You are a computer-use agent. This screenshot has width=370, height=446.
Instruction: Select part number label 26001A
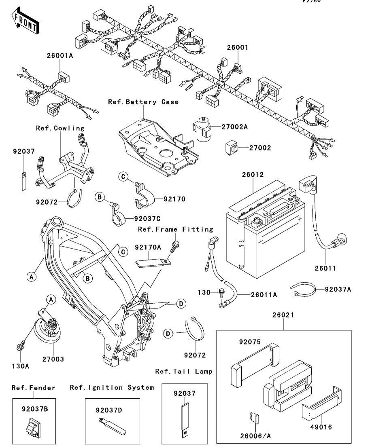pyautogui.click(x=59, y=56)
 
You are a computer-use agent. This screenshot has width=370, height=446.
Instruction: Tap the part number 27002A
pyautogui.click(x=234, y=127)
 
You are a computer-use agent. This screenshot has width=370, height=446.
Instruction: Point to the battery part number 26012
pyautogui.click(x=253, y=175)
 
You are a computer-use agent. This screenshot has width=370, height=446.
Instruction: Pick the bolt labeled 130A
pyautogui.click(x=20, y=346)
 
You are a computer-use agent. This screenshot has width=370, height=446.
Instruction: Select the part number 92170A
pyautogui.click(x=148, y=247)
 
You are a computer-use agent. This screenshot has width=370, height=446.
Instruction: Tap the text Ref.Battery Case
pyautogui.click(x=143, y=102)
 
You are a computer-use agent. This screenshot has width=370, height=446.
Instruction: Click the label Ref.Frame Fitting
pyautogui.click(x=175, y=229)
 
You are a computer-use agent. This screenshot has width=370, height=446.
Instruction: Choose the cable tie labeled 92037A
pyautogui.click(x=303, y=289)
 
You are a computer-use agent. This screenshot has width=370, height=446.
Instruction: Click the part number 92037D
pyautogui.click(x=109, y=410)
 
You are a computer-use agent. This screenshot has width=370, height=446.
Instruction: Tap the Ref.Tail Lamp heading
pyautogui.click(x=184, y=371)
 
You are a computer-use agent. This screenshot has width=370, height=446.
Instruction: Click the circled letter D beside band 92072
pyautogui.click(x=169, y=333)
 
